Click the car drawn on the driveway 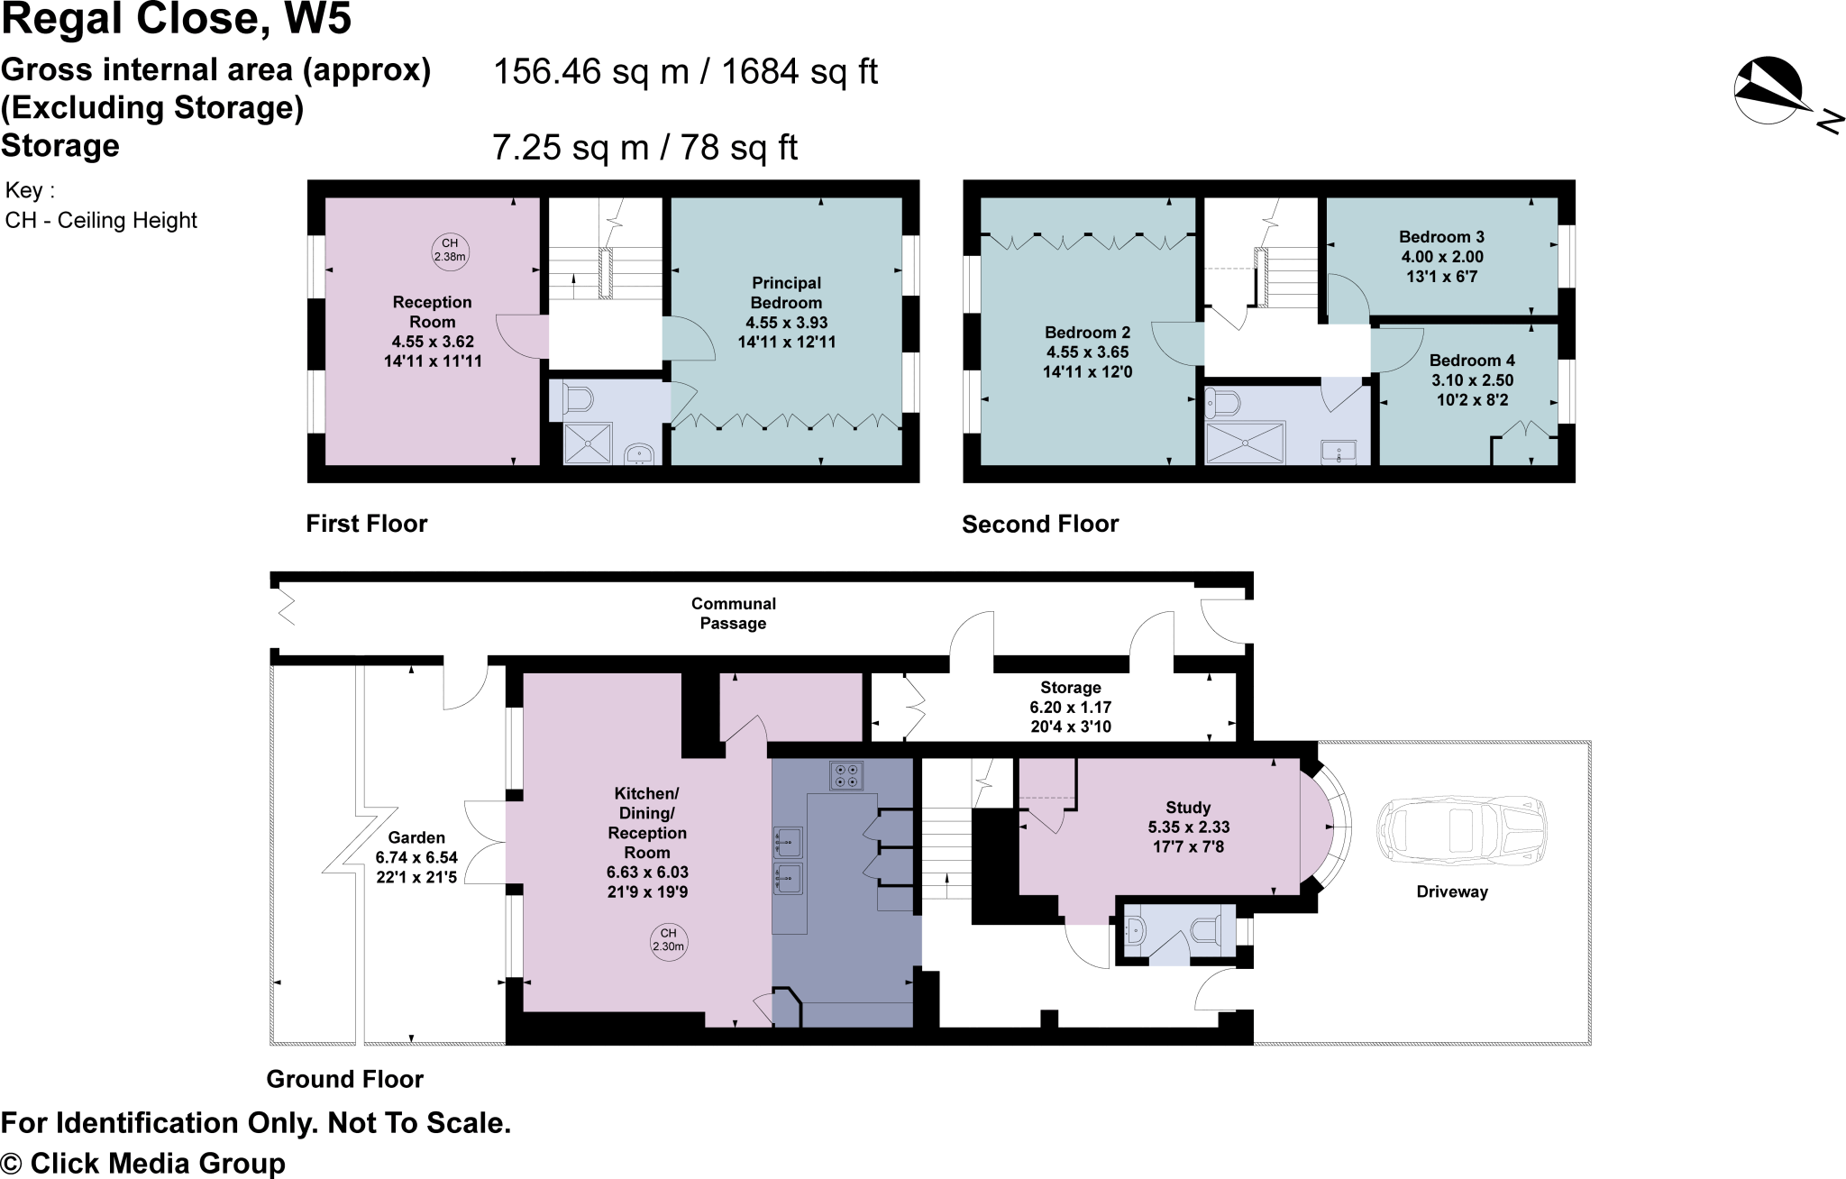click(x=1460, y=830)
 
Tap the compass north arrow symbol click(x=1768, y=91)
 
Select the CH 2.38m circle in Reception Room click(x=450, y=250)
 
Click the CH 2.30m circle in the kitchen click(x=668, y=940)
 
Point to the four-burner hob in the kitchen click(x=845, y=775)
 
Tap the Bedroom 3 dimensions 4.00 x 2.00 click(x=1441, y=257)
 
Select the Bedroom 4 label click(x=1472, y=361)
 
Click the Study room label click(x=1187, y=808)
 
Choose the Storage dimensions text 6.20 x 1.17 click(x=1070, y=708)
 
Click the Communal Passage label click(x=733, y=613)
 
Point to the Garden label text click(x=416, y=837)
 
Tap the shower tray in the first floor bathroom click(x=588, y=443)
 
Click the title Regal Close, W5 click(x=177, y=20)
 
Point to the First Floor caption click(x=366, y=524)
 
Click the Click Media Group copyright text click(x=143, y=1163)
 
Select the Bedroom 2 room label click(x=1086, y=333)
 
